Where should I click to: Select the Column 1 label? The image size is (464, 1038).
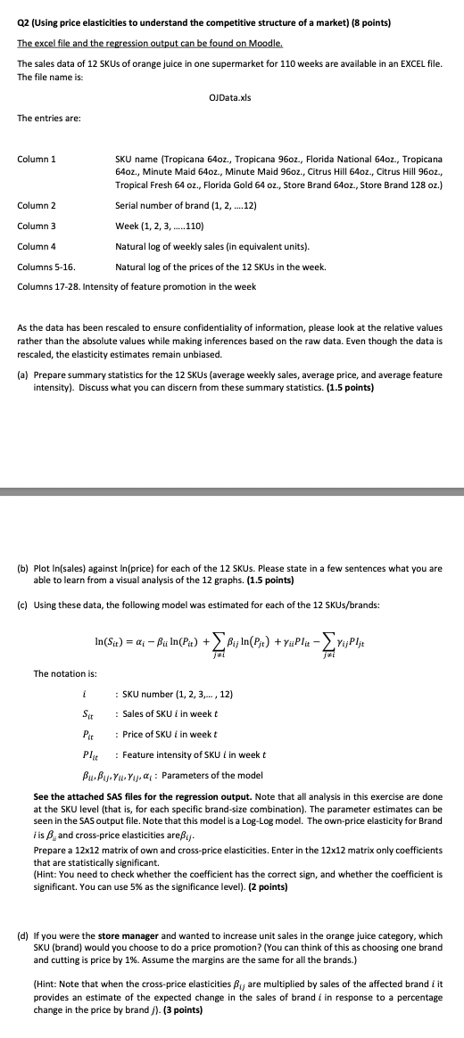pyautogui.click(x=37, y=159)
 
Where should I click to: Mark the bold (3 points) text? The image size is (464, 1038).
pyautogui.click(x=179, y=1009)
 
